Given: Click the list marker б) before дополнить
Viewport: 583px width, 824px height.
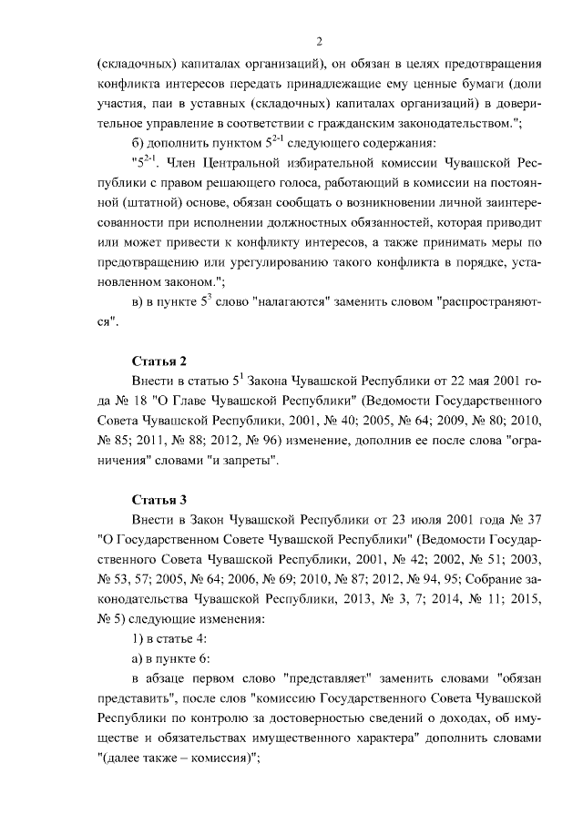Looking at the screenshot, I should pos(139,144).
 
